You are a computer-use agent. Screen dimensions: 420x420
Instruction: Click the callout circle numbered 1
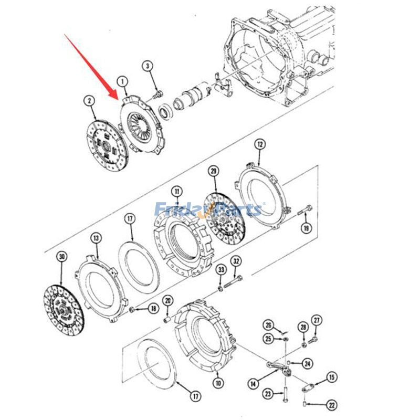pyautogui.click(x=123, y=81)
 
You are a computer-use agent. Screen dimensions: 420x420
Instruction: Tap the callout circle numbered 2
pyautogui.click(x=89, y=101)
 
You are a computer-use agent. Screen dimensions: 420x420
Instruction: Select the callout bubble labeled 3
pyautogui.click(x=148, y=66)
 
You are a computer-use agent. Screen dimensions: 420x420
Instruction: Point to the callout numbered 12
pyautogui.click(x=259, y=145)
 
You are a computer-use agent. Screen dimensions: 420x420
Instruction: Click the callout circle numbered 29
pyautogui.click(x=214, y=171)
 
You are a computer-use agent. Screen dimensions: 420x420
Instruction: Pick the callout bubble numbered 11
pyautogui.click(x=177, y=192)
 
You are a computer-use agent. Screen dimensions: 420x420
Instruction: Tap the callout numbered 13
pyautogui.click(x=96, y=238)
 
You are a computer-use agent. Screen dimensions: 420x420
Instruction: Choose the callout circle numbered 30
pyautogui.click(x=62, y=257)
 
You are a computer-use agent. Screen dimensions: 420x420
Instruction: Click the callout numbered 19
pyautogui.click(x=306, y=228)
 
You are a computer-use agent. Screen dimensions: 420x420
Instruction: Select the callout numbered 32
pyautogui.click(x=236, y=261)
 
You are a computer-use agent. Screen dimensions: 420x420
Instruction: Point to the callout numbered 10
pyautogui.click(x=218, y=383)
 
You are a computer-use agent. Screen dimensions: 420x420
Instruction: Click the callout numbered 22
pyautogui.click(x=332, y=405)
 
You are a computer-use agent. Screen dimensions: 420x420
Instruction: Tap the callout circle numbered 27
pyautogui.click(x=317, y=321)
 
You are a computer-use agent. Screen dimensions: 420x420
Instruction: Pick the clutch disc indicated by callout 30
pyautogui.click(x=64, y=311)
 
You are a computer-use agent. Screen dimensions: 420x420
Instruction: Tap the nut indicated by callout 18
pyautogui.click(x=132, y=310)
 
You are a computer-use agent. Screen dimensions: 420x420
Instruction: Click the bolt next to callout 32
pyautogui.click(x=233, y=281)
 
